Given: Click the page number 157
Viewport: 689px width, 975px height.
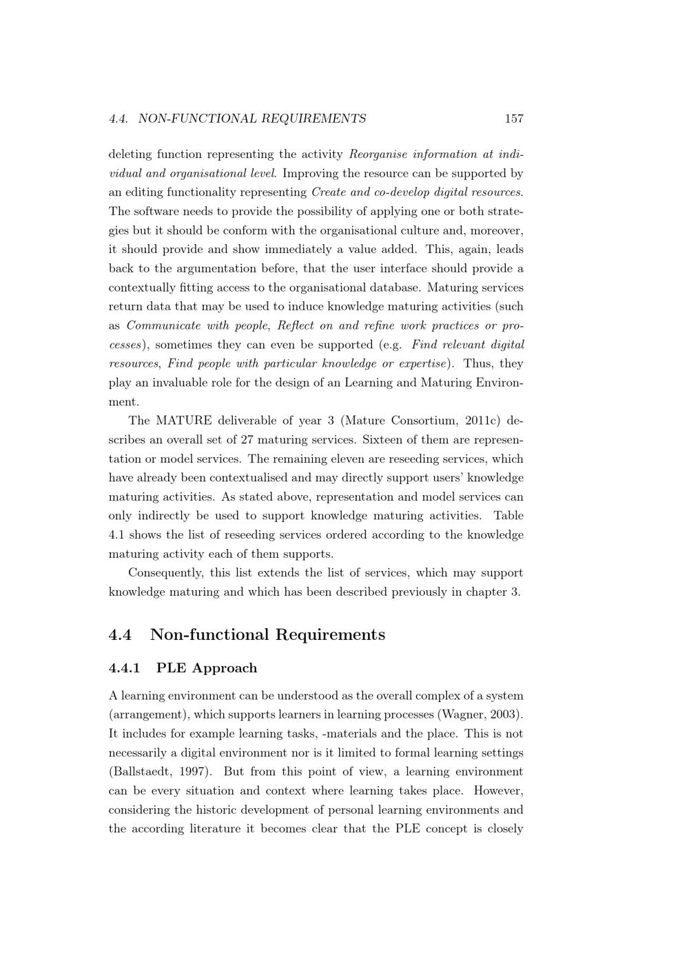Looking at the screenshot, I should (x=514, y=119).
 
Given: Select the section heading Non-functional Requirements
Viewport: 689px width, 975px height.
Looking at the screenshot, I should (x=267, y=634).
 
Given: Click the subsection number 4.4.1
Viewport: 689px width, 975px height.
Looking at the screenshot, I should (x=124, y=668).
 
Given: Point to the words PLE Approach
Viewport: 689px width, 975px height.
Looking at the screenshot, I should (x=207, y=668).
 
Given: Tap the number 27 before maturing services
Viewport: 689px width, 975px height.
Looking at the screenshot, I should (x=247, y=440).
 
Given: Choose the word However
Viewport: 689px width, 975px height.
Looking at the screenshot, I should (x=498, y=791).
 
